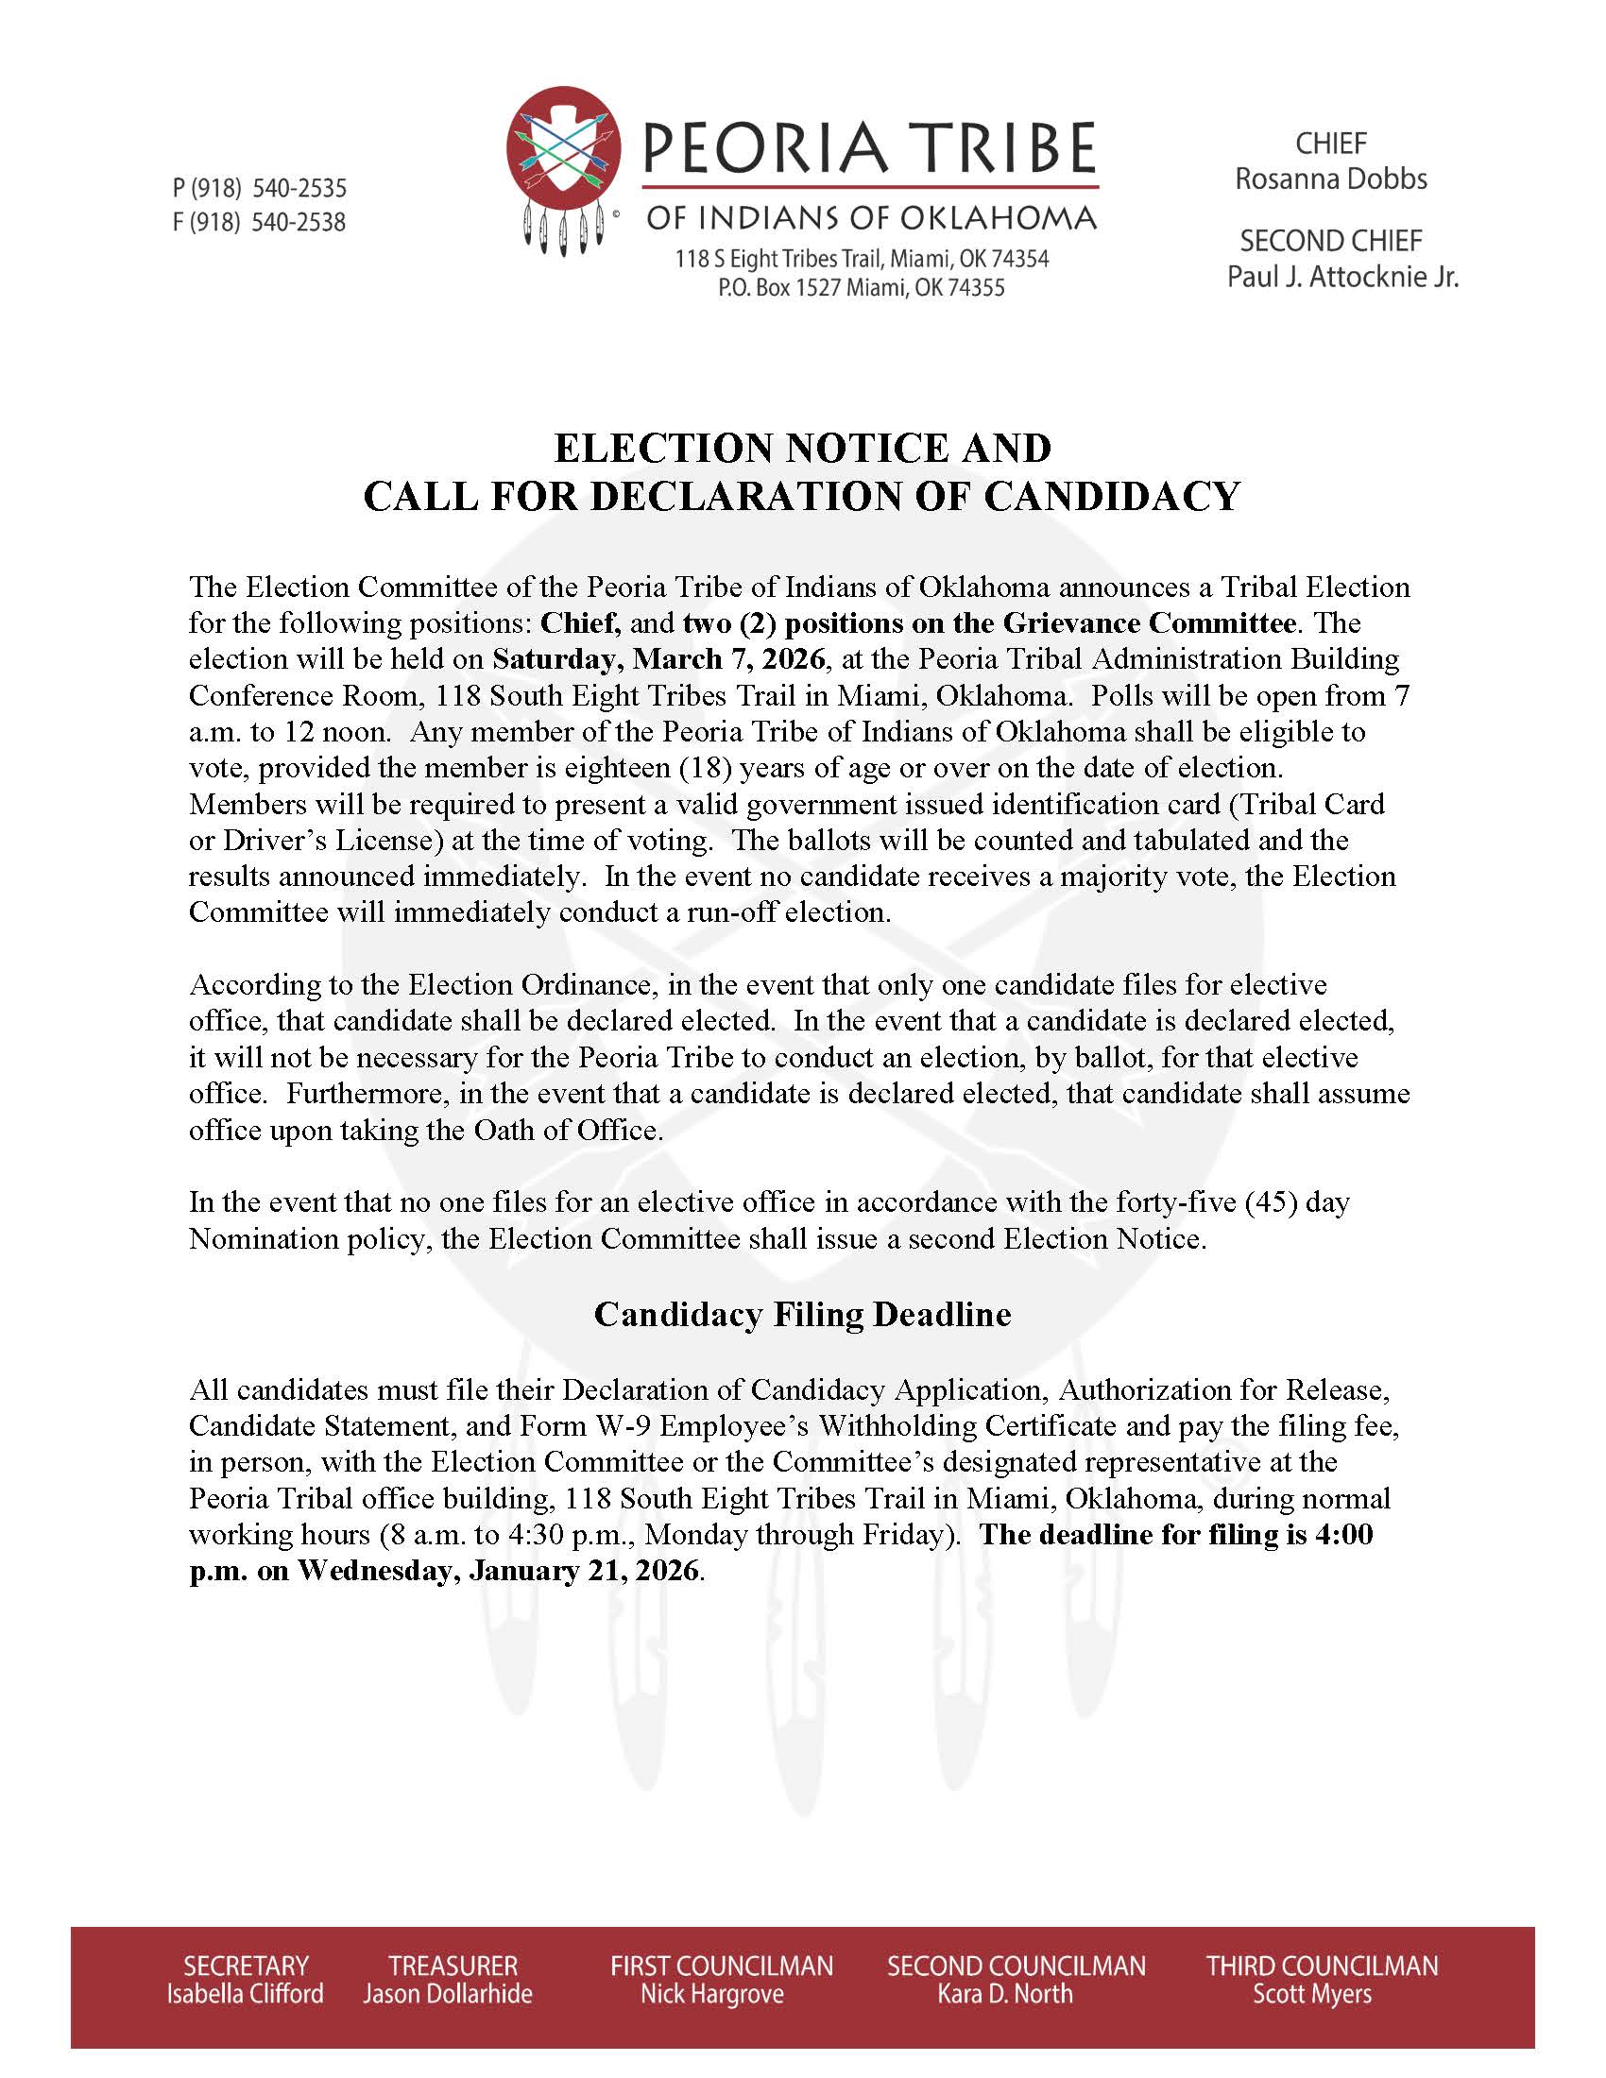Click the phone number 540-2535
(x=299, y=187)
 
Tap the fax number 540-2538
(x=299, y=223)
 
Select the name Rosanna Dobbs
(x=1330, y=179)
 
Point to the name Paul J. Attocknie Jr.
(x=1341, y=277)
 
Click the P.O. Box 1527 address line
(x=861, y=287)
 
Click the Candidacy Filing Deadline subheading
(x=802, y=1314)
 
